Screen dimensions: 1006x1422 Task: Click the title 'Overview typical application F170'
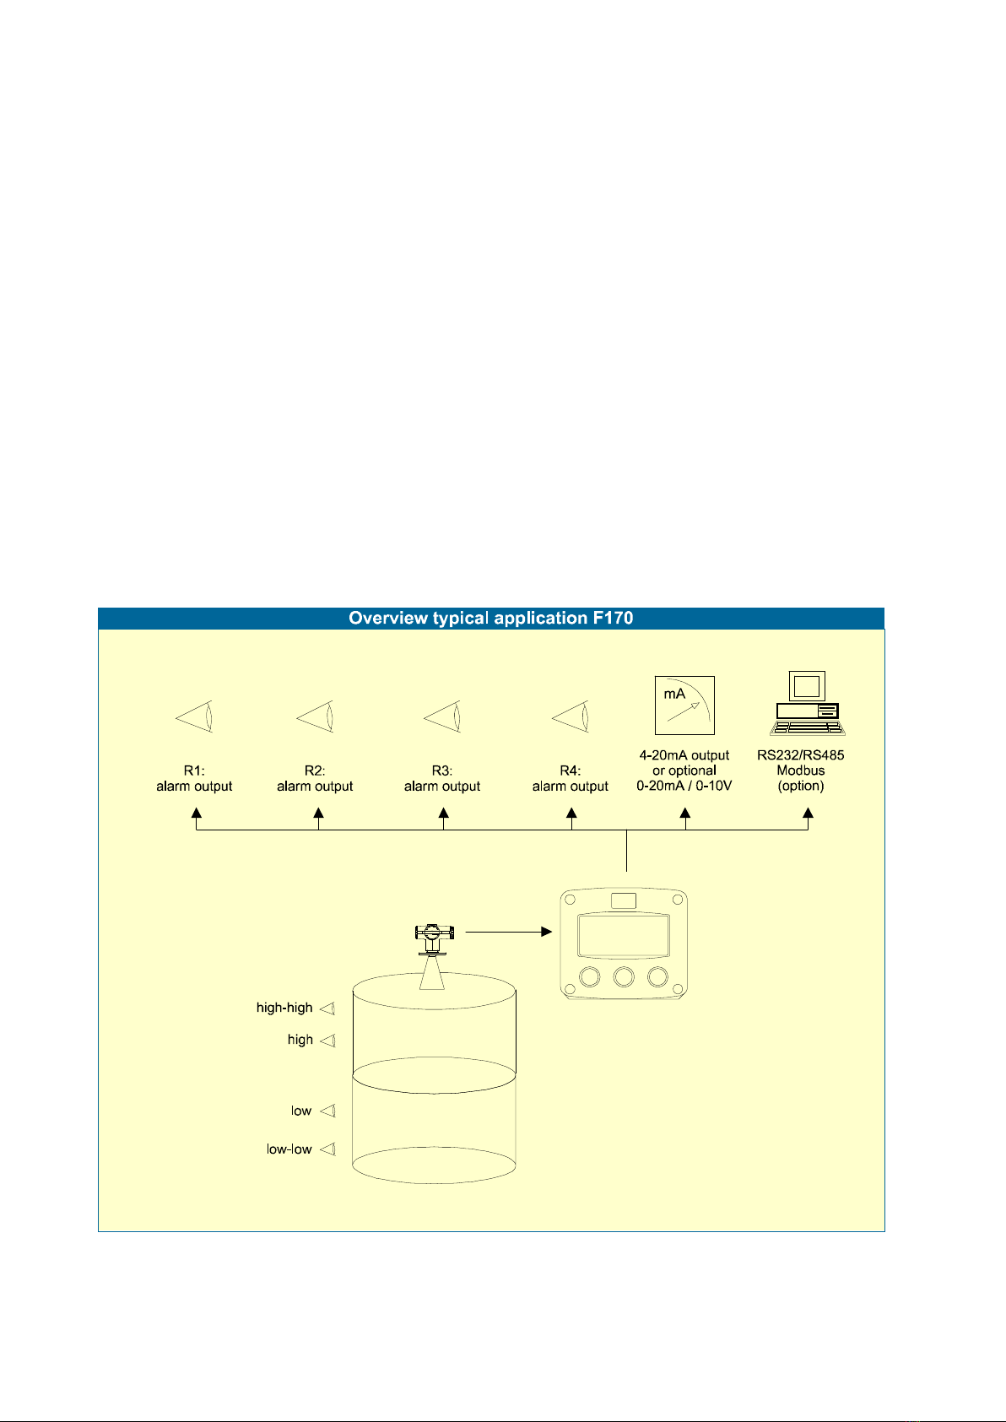click(x=490, y=618)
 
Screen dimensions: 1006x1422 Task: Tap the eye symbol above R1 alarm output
click(x=193, y=716)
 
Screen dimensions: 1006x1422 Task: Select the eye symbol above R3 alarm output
click(x=441, y=716)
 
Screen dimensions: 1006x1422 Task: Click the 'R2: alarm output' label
click(x=315, y=778)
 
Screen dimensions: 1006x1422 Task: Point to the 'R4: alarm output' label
click(x=570, y=778)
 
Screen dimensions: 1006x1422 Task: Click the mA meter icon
click(x=684, y=706)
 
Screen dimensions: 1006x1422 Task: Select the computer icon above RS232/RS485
click(x=808, y=703)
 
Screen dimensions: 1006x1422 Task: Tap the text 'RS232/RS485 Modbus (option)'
click(x=800, y=770)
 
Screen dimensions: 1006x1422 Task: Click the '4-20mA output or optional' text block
click(x=684, y=762)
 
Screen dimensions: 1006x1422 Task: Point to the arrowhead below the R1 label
click(x=197, y=813)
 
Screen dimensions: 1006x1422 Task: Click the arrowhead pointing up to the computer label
click(x=808, y=813)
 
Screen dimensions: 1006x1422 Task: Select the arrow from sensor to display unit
click(x=509, y=932)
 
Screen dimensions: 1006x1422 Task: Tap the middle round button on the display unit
click(x=624, y=977)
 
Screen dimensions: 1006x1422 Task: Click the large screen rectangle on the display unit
click(x=624, y=936)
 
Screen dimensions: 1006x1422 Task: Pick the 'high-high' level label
click(x=284, y=1008)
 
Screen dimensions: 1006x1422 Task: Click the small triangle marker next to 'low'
click(x=327, y=1111)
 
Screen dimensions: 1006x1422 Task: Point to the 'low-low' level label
click(x=289, y=1149)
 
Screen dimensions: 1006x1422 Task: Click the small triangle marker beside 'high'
click(x=327, y=1040)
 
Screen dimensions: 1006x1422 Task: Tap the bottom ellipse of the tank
click(x=434, y=1182)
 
